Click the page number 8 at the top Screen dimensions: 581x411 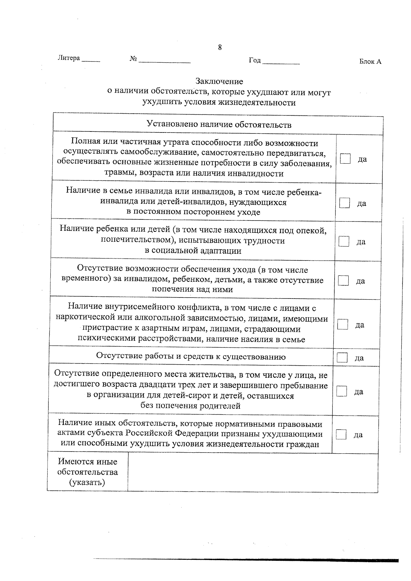pos(220,48)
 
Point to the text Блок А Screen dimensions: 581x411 pos(370,62)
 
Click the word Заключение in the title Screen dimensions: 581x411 pos(219,81)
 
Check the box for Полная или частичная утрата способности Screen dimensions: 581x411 pos(345,159)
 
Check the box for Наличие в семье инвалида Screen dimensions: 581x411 pos(345,203)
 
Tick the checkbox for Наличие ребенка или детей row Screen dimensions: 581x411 pos(344,241)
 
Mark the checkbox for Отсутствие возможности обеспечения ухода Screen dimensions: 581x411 pos(343,280)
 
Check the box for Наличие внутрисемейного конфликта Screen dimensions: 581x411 pos(342,324)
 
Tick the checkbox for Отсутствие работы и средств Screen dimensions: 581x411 pos(342,357)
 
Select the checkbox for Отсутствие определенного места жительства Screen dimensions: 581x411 pos(341,391)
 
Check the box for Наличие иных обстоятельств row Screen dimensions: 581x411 pos(341,434)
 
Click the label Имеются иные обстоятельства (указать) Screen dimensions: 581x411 pos(87,472)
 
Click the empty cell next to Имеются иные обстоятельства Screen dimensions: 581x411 pos(253,472)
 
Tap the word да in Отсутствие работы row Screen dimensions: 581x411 pos(359,358)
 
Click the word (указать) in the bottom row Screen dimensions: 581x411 pos(87,483)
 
